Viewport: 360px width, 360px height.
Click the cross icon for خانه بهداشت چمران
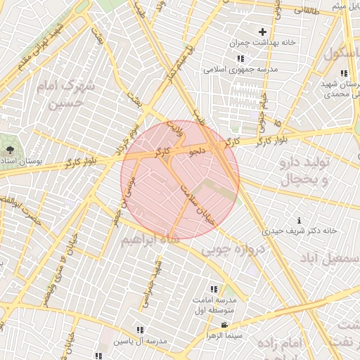pyautogui.click(x=262, y=32)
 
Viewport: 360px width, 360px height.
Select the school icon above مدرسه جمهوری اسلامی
pyautogui.click(x=240, y=59)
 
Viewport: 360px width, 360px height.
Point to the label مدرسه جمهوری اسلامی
pyautogui.click(x=240, y=70)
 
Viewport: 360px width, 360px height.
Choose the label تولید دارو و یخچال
pyautogui.click(x=305, y=171)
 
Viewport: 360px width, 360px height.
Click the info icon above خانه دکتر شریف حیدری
pyautogui.click(x=300, y=220)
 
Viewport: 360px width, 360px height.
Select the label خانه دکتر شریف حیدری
pyautogui.click(x=300, y=231)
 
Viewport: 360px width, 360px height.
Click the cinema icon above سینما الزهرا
pyautogui.click(x=224, y=325)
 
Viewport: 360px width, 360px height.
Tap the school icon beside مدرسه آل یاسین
pyautogui.click(x=139, y=330)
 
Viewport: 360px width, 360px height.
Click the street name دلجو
pyautogui.click(x=197, y=150)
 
